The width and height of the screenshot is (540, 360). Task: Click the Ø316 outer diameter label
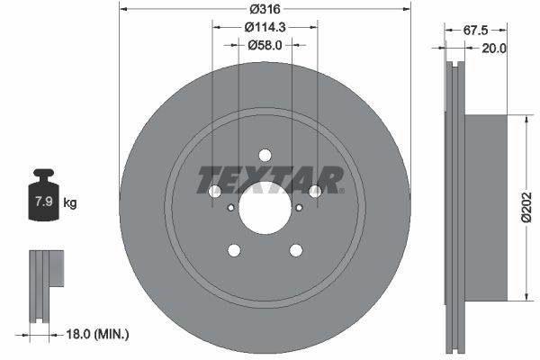tap(265, 8)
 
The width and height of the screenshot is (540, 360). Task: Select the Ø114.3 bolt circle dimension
tap(265, 27)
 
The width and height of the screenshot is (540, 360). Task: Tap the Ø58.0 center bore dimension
tap(265, 44)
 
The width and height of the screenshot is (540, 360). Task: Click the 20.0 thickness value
tap(495, 49)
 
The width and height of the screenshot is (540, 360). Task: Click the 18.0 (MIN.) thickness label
tap(99, 334)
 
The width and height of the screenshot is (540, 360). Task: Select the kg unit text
tap(70, 203)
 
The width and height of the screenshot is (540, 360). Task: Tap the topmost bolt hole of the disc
tap(265, 155)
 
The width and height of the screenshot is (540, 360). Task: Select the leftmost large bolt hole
tap(215, 192)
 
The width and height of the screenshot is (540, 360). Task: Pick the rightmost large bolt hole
tap(315, 192)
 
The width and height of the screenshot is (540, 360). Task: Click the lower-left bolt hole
tap(234, 250)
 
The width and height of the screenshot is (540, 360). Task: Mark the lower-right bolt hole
tap(296, 250)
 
